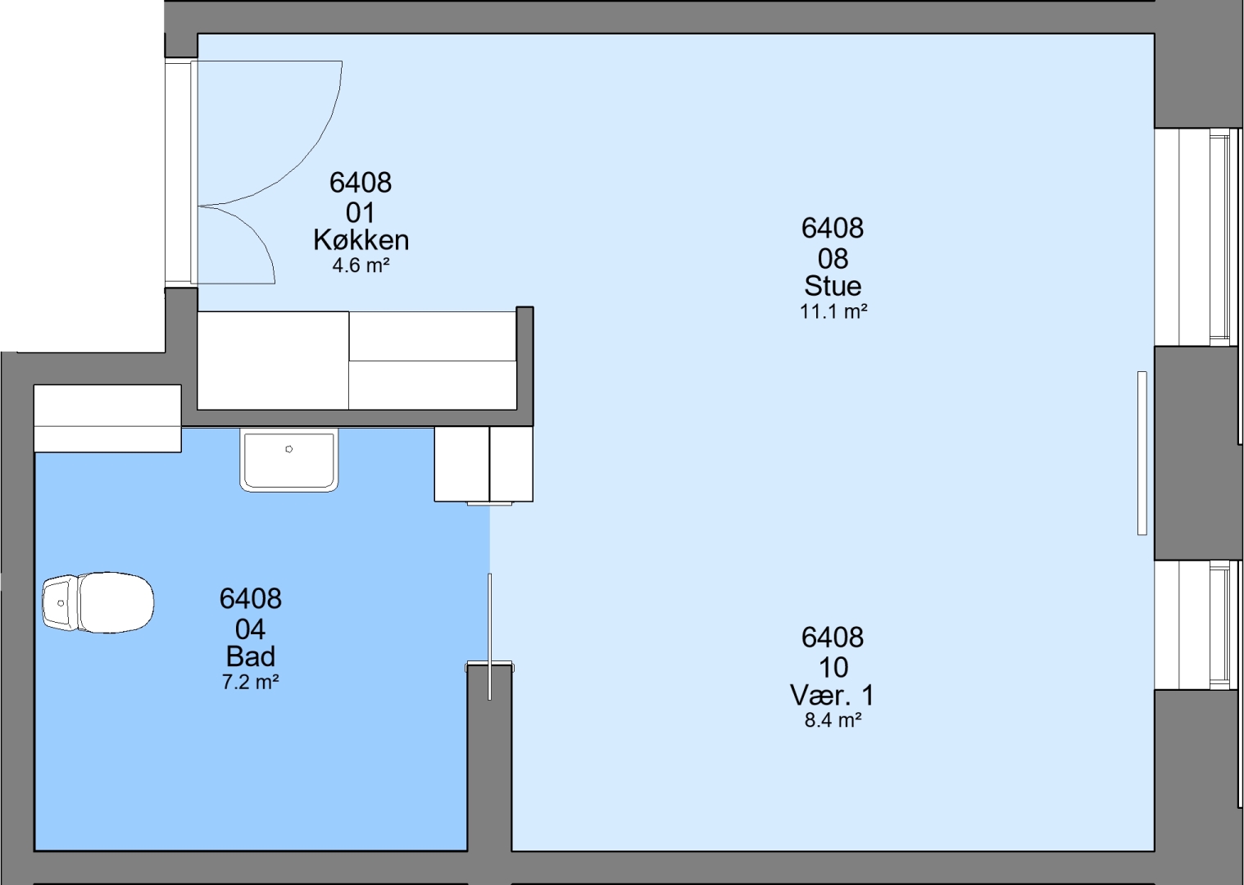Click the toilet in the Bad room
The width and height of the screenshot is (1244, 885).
click(x=98, y=602)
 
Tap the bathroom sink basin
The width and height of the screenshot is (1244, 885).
click(x=288, y=460)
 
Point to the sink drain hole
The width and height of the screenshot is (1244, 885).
click(x=288, y=448)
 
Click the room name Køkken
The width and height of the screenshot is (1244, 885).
click(x=361, y=240)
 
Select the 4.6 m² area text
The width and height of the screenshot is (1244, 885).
click(x=361, y=266)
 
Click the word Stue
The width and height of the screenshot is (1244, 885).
click(x=833, y=286)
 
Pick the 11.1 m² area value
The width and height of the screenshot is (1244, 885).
click(x=833, y=312)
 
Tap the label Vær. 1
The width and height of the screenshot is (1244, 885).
click(x=832, y=695)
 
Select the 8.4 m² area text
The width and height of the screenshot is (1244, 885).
click(x=833, y=720)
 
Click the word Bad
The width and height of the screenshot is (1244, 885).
click(x=251, y=657)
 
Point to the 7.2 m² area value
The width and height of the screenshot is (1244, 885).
click(x=251, y=683)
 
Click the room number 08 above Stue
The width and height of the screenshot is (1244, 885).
click(x=833, y=259)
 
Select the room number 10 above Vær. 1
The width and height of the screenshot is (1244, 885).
click(x=833, y=667)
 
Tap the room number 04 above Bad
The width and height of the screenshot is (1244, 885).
click(x=251, y=629)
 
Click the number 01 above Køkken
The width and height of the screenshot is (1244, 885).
click(x=361, y=213)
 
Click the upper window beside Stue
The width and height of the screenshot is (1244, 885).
click(x=1197, y=237)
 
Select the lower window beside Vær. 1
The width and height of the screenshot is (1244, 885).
click(x=1197, y=625)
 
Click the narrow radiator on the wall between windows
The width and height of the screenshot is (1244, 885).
click(x=1142, y=453)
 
